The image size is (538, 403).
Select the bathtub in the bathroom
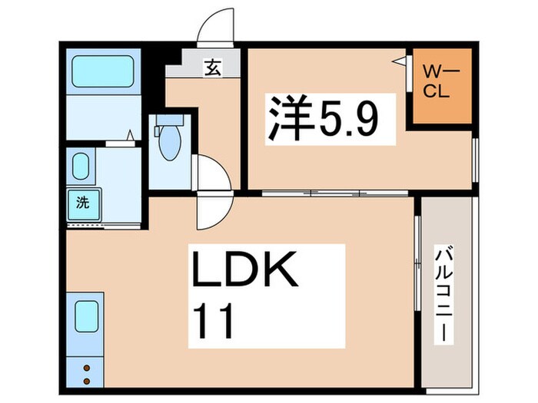coord(103,73)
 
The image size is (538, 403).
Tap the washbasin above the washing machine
coord(80,166)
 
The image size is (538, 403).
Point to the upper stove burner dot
coord(86,367)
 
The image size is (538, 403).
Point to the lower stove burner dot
coord(86,380)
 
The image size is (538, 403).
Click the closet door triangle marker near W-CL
coord(400,60)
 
